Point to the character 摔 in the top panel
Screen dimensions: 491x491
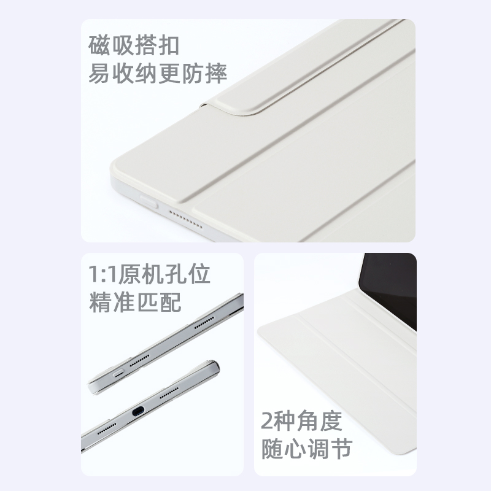pyautogui.click(x=215, y=74)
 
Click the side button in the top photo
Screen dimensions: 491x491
pyautogui.click(x=145, y=202)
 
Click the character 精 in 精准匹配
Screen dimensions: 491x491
pyautogui.click(x=102, y=303)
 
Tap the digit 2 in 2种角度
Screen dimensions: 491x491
pyautogui.click(x=268, y=422)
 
